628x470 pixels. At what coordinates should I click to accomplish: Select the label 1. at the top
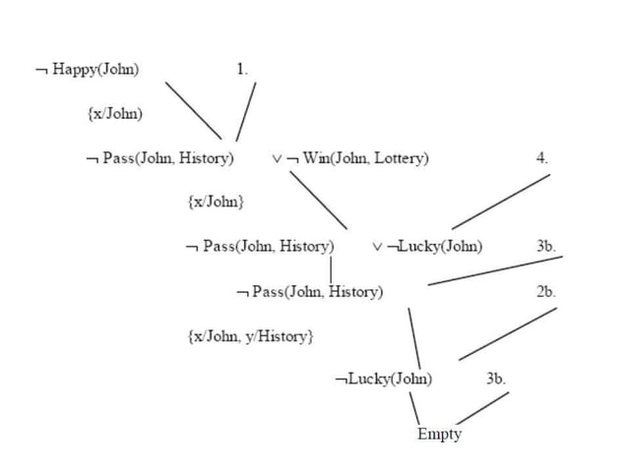point(242,69)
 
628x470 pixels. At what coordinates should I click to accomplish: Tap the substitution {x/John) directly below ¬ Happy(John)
point(115,113)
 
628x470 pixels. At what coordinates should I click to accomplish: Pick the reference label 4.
point(542,157)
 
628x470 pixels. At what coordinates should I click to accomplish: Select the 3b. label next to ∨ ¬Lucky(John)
point(547,246)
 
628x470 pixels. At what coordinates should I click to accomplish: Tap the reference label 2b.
point(546,292)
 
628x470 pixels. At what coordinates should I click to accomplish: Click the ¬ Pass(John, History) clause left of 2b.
point(310,292)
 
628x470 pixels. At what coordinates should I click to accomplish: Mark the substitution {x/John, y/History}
point(250,336)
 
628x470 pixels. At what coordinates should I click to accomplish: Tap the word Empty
point(439,434)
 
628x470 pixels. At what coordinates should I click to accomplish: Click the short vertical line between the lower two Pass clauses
point(332,268)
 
